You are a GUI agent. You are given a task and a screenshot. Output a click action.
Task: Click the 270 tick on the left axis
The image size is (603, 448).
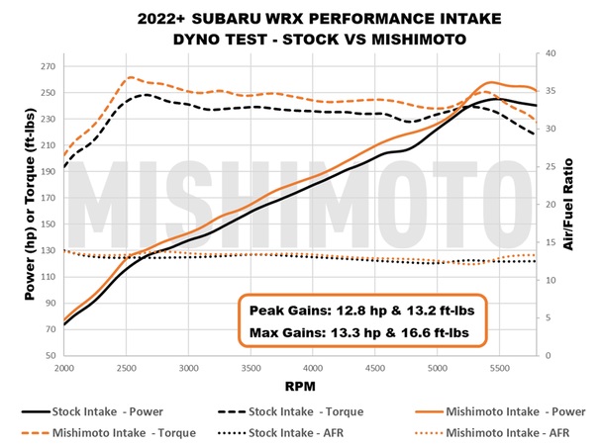click(x=45, y=67)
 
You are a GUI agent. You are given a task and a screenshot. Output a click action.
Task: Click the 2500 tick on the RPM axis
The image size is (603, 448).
click(x=126, y=367)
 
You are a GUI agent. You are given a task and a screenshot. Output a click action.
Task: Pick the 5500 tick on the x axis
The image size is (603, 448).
click(x=500, y=367)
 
